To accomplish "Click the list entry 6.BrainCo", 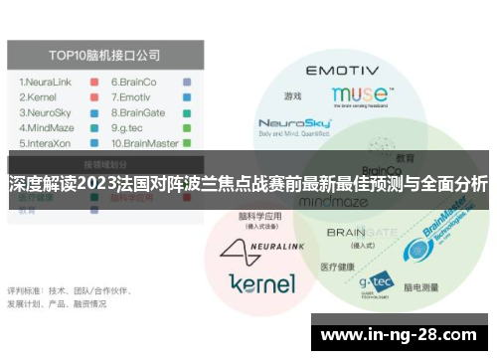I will tap(134, 82).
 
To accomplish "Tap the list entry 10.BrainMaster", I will tap(145, 144).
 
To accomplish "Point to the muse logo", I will tap(359, 95).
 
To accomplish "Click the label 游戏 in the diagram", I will tap(291, 96).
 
